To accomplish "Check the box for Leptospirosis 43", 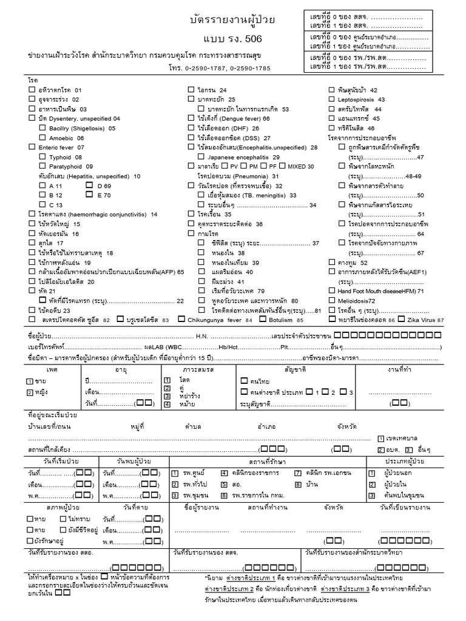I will click(x=331, y=99).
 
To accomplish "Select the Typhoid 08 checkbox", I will click(x=42, y=157).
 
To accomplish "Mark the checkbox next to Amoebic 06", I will click(x=42, y=138).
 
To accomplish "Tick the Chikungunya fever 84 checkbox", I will click(x=181, y=319).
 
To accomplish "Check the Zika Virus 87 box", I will click(x=402, y=319).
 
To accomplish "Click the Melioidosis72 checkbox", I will click(x=331, y=300).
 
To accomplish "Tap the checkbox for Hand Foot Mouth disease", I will click(x=331, y=290).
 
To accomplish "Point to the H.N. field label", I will click(x=202, y=336).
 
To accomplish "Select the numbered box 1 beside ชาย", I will click(x=30, y=381).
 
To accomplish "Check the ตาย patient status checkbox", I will click(x=30, y=529).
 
